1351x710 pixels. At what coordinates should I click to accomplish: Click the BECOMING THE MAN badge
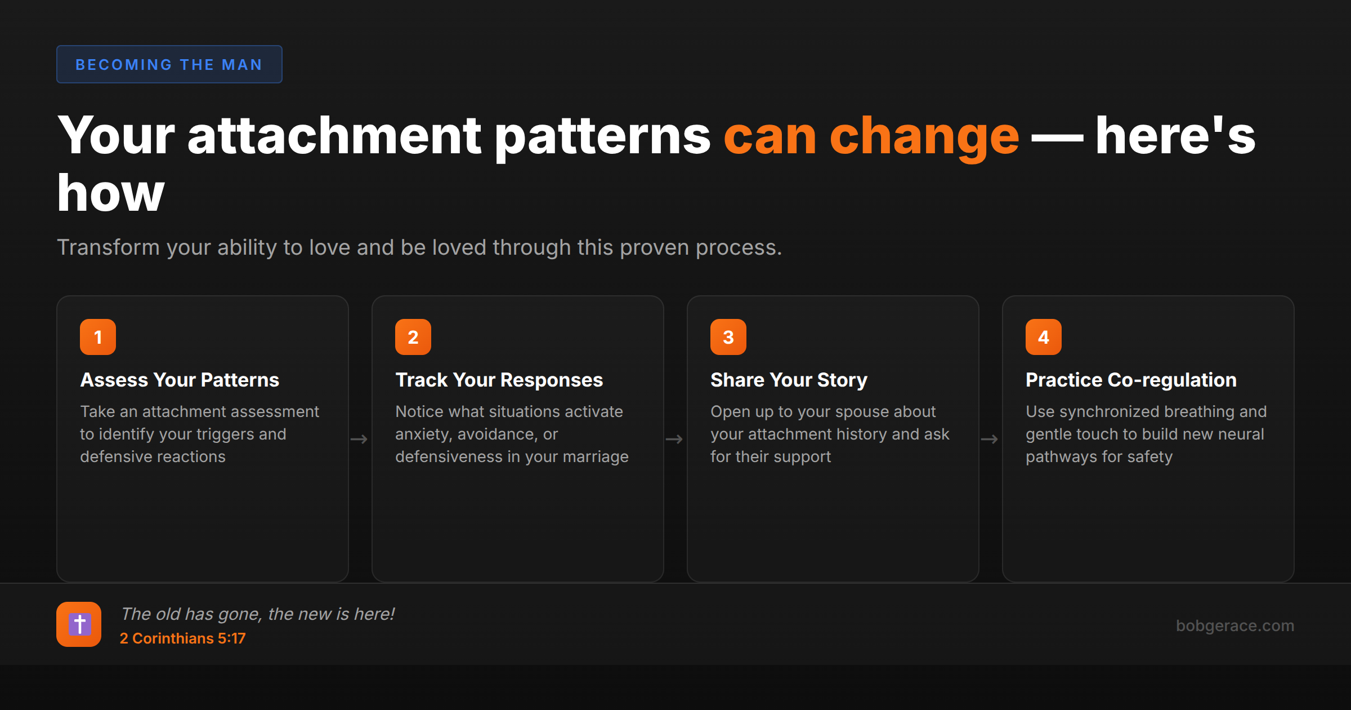coord(169,64)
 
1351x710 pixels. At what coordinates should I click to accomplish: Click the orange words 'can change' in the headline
coord(871,136)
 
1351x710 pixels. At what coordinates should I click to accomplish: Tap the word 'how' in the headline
coord(111,193)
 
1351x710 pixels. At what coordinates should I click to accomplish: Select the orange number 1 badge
coord(98,337)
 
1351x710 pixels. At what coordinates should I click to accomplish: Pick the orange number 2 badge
coord(413,337)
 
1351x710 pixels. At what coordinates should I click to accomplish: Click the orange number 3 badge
coord(728,337)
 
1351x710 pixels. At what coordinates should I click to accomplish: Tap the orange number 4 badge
coord(1044,337)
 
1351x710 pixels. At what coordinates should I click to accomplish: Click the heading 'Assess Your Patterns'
coord(180,380)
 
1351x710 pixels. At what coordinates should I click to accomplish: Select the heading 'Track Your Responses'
coord(499,380)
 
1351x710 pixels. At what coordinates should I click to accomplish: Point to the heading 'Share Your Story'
coord(789,380)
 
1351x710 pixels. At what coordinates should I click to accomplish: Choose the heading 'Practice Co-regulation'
coord(1131,380)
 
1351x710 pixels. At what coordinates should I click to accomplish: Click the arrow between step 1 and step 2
coord(359,439)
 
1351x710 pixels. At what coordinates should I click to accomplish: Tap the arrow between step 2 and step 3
coord(674,439)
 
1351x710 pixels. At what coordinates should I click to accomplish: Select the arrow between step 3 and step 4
coord(990,439)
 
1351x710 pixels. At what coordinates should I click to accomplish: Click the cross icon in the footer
coord(79,624)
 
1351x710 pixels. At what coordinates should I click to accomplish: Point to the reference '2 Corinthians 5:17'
coord(182,638)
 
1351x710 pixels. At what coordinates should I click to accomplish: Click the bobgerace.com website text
coord(1234,625)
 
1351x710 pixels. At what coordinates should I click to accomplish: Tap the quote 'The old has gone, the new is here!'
coord(257,614)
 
